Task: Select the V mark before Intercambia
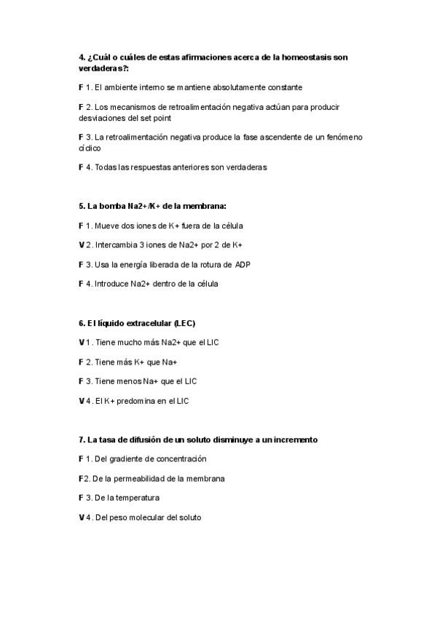click(x=81, y=245)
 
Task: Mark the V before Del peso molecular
click(x=81, y=517)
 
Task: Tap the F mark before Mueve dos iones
click(x=80, y=226)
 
